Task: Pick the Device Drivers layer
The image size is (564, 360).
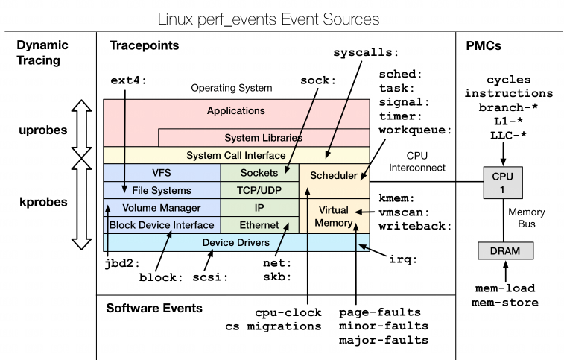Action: tap(235, 242)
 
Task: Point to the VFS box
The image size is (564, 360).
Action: tap(162, 172)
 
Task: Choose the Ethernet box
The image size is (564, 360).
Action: tap(259, 224)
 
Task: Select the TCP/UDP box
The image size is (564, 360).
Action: tap(259, 190)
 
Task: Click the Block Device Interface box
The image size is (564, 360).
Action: tap(162, 224)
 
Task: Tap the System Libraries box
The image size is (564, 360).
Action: tap(263, 138)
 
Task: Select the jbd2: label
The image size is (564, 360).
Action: tap(121, 262)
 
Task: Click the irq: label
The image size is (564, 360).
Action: tap(402, 259)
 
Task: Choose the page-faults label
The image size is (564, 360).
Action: tap(379, 312)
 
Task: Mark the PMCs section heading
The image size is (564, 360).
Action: tap(484, 46)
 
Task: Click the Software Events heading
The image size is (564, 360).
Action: tap(153, 308)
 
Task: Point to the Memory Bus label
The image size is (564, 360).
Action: tap(527, 217)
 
